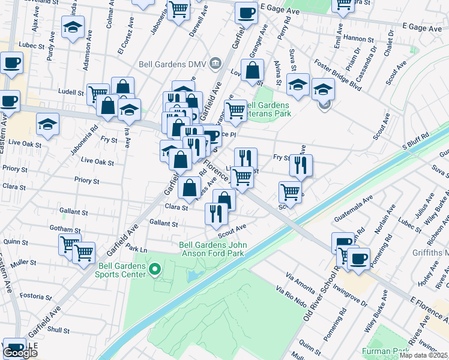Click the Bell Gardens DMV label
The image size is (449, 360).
click(x=180, y=62)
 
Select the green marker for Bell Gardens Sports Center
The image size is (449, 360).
click(x=155, y=269)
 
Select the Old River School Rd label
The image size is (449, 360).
click(x=317, y=289)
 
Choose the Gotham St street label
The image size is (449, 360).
click(x=65, y=230)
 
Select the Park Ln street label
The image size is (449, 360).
click(x=137, y=250)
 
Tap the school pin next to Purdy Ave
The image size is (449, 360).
click(x=73, y=28)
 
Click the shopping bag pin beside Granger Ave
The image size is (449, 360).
click(x=253, y=71)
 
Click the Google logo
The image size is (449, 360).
click(x=20, y=353)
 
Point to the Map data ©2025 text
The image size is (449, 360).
click(x=423, y=355)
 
